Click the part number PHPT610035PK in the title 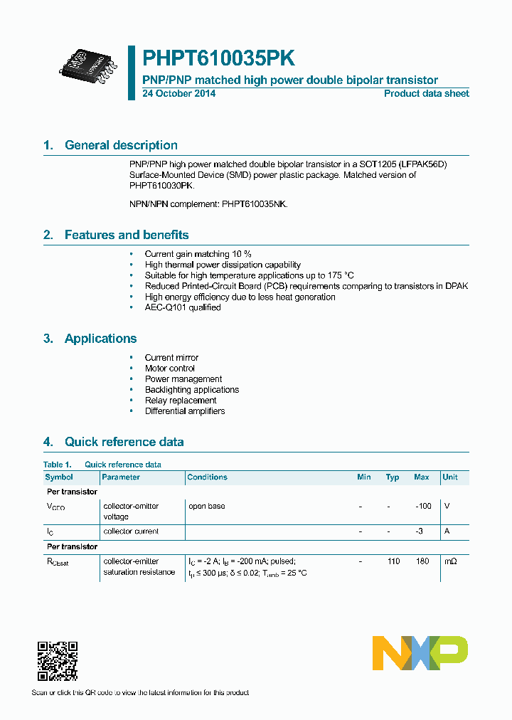click(219, 58)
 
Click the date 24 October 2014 click(178, 93)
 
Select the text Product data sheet click(426, 93)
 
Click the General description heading click(121, 145)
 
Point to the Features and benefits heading click(127, 235)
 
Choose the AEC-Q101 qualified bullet click(183, 307)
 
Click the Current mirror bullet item click(171, 358)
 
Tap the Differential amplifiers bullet click(185, 411)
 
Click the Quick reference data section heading click(124, 442)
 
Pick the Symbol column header click(59, 477)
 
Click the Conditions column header click(208, 477)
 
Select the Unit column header click(449, 477)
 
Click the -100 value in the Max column click(423, 506)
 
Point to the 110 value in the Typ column click(393, 561)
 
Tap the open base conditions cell click(206, 506)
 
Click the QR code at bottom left click(57, 661)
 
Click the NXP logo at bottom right click(420, 652)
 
